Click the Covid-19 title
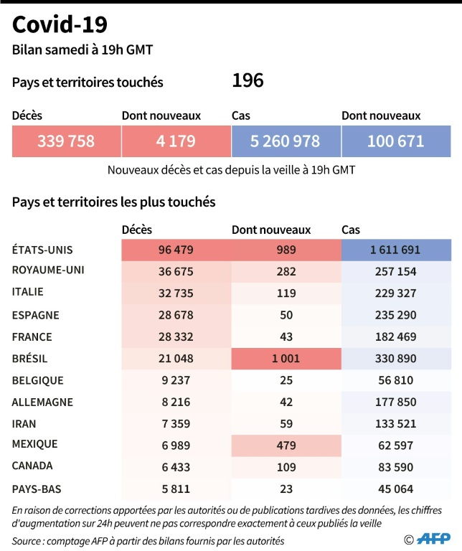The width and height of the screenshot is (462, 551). [x=60, y=25]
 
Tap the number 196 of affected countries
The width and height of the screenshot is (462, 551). [x=247, y=81]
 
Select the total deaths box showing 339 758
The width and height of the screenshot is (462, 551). [x=66, y=141]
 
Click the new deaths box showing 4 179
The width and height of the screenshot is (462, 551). [x=176, y=141]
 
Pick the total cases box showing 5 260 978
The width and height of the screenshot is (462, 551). [x=286, y=141]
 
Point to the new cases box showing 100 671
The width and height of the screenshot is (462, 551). [x=395, y=141]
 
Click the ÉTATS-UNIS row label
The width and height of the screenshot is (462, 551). [x=43, y=250]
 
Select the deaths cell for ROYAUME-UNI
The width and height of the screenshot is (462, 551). [x=176, y=271]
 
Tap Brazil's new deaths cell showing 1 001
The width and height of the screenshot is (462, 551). [x=286, y=358]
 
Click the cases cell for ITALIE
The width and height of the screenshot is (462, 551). [x=395, y=293]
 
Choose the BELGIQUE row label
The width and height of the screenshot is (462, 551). [x=38, y=380]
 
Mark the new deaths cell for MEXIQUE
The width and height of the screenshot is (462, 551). [x=286, y=446]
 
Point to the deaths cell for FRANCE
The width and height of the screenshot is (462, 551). [x=176, y=336]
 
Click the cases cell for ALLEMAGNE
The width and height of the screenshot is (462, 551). [x=395, y=402]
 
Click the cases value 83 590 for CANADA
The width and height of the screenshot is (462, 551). [x=395, y=467]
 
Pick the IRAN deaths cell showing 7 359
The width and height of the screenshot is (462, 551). [x=176, y=423]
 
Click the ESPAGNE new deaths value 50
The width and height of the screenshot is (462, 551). [x=286, y=315]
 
